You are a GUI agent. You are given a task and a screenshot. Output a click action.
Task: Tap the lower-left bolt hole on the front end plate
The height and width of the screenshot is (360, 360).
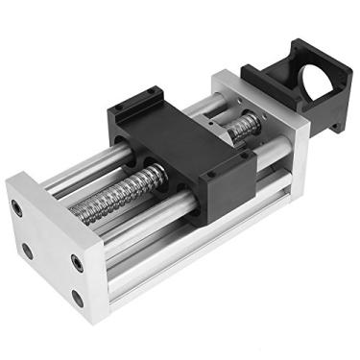[x=26, y=252]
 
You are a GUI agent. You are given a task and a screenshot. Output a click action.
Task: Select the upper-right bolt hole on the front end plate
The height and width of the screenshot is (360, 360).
[x=75, y=260]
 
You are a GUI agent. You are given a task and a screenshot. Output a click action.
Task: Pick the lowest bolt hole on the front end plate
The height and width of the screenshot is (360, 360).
[x=77, y=297]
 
